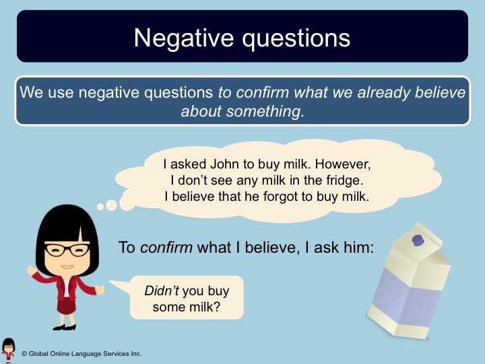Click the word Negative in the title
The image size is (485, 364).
(184, 38)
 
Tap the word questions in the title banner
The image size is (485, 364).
(296, 39)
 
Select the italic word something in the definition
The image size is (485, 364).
(263, 111)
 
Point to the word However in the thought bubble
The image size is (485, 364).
(343, 164)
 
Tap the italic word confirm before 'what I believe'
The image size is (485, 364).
(166, 247)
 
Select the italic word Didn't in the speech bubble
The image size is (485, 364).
(162, 291)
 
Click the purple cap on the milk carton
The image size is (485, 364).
(418, 240)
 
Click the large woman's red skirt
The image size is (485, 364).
(67, 305)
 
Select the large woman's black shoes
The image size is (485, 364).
(65, 327)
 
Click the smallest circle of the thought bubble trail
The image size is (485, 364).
(100, 207)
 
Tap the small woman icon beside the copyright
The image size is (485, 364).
(8, 351)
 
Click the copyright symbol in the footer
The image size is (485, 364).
(24, 353)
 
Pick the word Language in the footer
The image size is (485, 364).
(86, 354)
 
